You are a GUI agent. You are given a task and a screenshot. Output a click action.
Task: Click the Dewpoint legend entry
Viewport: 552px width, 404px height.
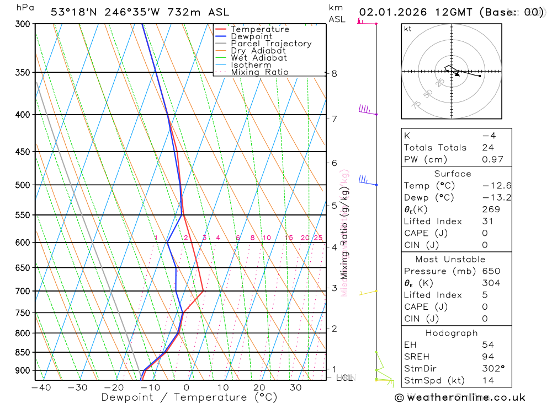click(251, 36)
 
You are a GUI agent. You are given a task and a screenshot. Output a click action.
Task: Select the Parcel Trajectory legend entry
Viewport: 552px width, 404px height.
click(270, 44)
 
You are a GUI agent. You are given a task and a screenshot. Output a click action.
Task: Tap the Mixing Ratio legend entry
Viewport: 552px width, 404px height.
click(259, 72)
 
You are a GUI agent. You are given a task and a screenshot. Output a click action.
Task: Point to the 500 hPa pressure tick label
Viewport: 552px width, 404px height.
click(23, 185)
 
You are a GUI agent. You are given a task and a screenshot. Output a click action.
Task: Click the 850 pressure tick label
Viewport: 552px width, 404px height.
click(23, 352)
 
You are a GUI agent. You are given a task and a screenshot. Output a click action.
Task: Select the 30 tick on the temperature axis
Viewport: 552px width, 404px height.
click(295, 387)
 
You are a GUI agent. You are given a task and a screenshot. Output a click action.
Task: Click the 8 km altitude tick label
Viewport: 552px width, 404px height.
click(334, 73)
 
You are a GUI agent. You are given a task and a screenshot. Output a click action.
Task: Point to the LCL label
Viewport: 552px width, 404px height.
click(344, 378)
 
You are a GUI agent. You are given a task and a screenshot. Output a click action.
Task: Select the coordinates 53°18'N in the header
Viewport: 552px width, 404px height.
click(72, 12)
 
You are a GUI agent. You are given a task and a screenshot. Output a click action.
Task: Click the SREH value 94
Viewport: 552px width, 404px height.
click(486, 356)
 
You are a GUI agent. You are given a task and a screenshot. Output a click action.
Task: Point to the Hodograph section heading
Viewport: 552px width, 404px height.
click(452, 333)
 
